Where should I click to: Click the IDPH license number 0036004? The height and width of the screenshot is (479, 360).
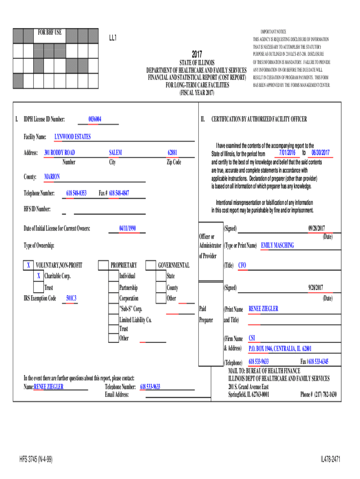(x=95, y=120)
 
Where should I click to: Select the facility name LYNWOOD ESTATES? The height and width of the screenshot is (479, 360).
(x=72, y=137)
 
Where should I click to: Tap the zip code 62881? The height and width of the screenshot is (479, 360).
(x=173, y=153)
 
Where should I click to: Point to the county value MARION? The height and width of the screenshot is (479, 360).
(x=52, y=177)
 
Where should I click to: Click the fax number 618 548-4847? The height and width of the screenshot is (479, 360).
(x=119, y=193)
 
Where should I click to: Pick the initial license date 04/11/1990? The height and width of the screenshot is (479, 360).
(x=127, y=228)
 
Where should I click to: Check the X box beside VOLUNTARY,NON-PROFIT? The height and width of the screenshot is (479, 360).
(x=29, y=266)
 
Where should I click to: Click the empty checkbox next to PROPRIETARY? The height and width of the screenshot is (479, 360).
(x=103, y=266)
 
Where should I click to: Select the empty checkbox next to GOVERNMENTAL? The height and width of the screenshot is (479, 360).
(x=151, y=266)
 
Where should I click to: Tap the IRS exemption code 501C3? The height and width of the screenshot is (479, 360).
(x=72, y=298)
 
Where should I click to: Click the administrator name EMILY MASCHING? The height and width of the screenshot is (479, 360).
(x=277, y=246)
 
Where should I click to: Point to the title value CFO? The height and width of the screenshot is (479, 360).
(x=242, y=266)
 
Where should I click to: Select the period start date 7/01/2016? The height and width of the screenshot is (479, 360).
(x=287, y=153)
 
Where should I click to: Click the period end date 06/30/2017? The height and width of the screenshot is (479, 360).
(x=320, y=153)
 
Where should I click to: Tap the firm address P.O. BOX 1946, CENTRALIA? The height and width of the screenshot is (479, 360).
(x=280, y=348)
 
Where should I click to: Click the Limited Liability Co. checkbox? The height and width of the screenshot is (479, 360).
(x=113, y=320)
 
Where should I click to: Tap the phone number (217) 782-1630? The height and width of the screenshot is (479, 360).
(x=318, y=394)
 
